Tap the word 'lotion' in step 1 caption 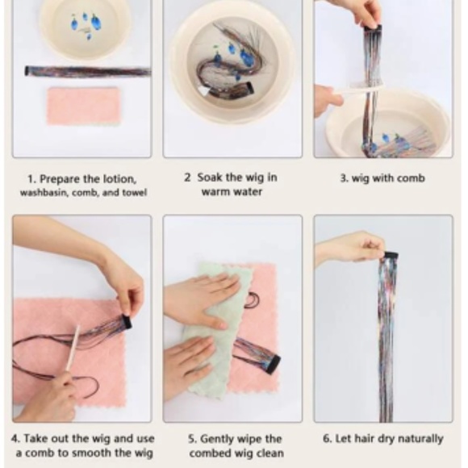(119, 179)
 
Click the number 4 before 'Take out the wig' (15, 439)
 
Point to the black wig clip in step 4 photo (126, 322)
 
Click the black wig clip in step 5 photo (274, 365)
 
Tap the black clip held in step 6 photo (391, 256)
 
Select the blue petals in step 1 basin (85, 22)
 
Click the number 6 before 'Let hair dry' (326, 439)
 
